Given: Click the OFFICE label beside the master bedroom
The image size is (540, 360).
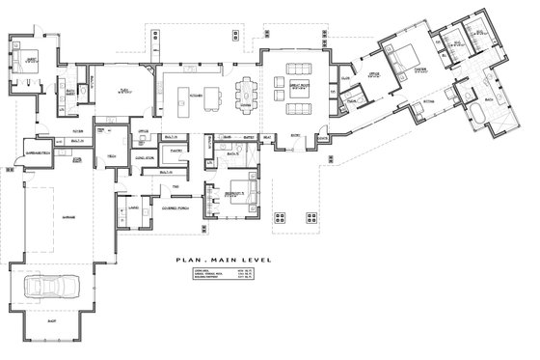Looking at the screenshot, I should tap(373, 73).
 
